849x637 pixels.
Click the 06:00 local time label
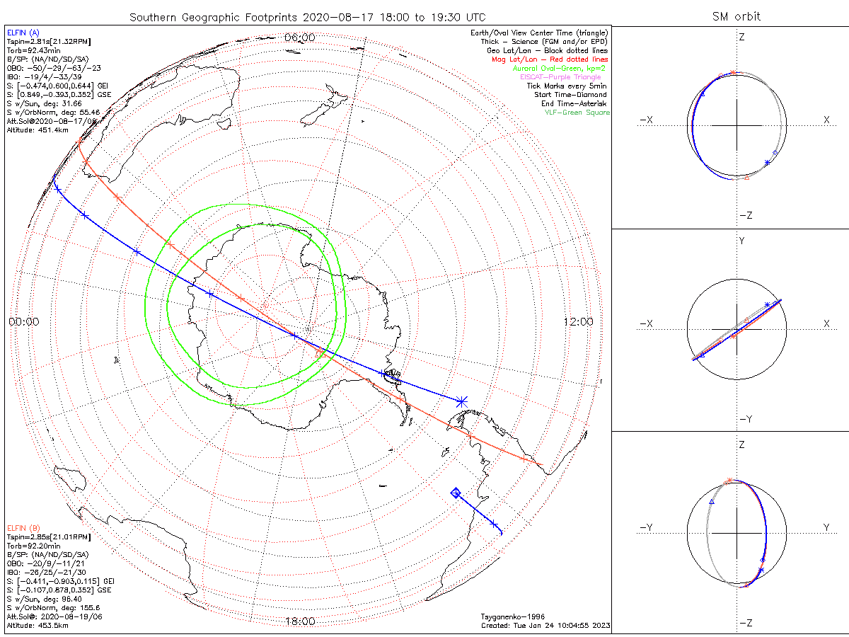pos(299,37)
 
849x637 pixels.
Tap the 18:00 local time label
pos(299,621)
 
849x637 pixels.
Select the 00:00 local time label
pos(23,321)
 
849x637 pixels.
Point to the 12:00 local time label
pos(578,321)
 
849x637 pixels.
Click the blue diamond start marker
pos(456,493)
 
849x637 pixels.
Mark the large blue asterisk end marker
pos(461,401)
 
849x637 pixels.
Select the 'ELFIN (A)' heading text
pos(23,32)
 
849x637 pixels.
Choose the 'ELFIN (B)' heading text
pos(23,527)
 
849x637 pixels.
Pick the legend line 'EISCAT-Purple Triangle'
pos(560,76)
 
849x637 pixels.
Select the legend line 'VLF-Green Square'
pos(577,113)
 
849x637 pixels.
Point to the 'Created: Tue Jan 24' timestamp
pos(545,626)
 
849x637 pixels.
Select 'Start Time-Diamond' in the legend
pos(571,95)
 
